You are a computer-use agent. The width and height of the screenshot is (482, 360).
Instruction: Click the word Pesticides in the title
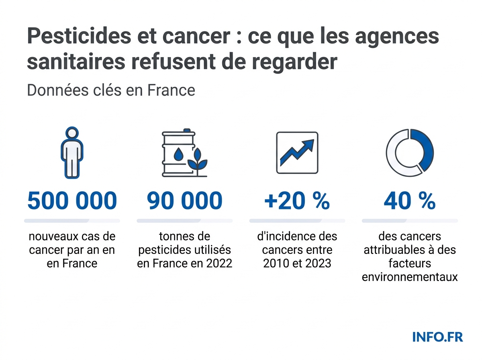76,37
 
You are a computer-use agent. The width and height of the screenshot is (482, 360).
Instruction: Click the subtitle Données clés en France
111,90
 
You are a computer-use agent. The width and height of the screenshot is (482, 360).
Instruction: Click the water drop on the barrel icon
178,154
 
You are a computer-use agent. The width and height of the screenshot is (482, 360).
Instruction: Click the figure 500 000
72,201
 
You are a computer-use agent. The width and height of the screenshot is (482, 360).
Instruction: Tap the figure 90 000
184,201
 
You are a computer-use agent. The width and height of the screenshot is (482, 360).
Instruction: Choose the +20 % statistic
297,201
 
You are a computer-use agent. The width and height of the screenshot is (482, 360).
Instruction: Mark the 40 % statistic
409,201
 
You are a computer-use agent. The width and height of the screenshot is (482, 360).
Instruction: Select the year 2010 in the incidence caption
277,264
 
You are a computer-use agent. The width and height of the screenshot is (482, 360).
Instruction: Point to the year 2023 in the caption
318,264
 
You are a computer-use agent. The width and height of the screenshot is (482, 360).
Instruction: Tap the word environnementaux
410,277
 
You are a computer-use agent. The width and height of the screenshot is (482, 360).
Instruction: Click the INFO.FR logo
437,337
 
